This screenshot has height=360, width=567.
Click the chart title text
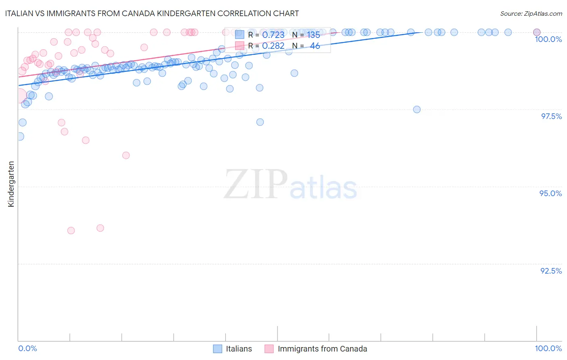(152, 13)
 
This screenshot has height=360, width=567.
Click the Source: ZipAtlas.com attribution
(531, 13)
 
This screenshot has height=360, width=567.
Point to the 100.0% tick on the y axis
(548, 39)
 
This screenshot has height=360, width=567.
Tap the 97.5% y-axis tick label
(551, 116)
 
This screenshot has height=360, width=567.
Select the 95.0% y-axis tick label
(550, 193)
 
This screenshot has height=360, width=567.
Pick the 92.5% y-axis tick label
(551, 271)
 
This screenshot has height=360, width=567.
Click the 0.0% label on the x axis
(27, 348)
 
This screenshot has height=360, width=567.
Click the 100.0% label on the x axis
(548, 348)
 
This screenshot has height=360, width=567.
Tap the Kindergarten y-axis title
(11, 184)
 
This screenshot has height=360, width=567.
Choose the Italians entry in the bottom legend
(238, 349)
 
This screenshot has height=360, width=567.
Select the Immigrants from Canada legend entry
(322, 349)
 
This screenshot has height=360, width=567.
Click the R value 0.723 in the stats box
(273, 35)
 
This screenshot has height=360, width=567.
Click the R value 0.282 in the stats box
(273, 46)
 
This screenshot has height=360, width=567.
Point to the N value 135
(313, 35)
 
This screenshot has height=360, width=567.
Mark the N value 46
(315, 46)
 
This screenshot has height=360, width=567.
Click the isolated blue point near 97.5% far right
(417, 109)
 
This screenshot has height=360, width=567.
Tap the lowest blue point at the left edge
(20, 136)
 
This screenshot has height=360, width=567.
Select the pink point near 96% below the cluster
(126, 155)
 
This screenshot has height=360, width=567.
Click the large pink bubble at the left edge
(19, 96)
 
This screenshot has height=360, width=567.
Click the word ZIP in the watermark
(256, 184)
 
